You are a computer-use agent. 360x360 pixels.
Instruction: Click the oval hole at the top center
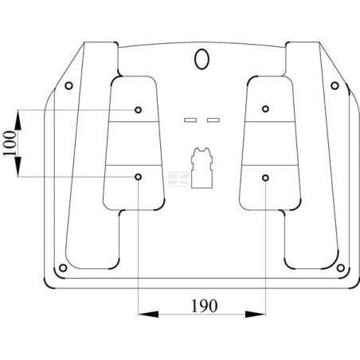202,58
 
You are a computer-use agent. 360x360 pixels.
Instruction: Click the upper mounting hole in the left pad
139,108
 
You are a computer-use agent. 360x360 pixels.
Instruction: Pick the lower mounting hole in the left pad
139,176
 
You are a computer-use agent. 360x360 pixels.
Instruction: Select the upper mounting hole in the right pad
265,108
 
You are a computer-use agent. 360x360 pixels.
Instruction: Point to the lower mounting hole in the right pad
265,176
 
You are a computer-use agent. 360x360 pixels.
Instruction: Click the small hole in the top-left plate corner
68,85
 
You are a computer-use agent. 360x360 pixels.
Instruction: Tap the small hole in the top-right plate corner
335,85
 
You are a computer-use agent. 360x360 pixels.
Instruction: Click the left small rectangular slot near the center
190,119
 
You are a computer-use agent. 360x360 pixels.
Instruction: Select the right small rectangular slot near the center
213,119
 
